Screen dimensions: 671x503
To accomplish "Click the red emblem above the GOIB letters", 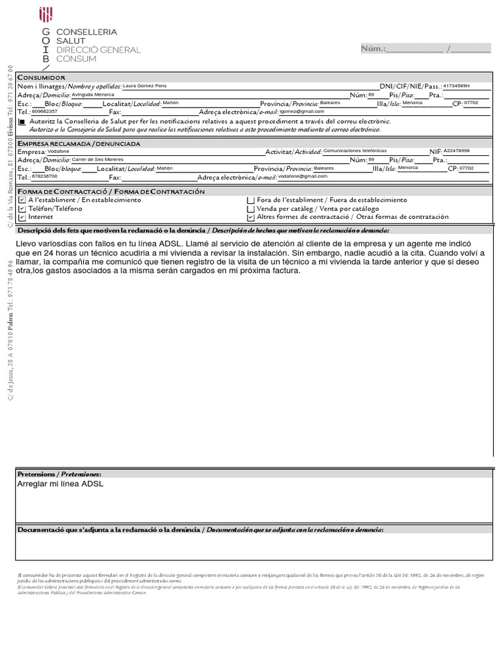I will click(x=46, y=15).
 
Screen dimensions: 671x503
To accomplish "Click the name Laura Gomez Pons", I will click(x=145, y=86).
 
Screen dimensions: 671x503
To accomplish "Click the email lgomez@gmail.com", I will click(x=302, y=111).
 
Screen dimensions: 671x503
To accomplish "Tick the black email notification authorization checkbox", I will click(x=22, y=122).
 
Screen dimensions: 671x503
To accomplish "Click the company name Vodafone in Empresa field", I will click(x=60, y=151).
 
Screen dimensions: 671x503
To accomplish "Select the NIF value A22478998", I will click(x=456, y=150).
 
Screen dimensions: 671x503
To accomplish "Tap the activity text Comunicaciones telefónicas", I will click(x=355, y=150).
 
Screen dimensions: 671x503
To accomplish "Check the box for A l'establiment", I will click(x=22, y=200).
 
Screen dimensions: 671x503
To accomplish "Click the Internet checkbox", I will click(x=22, y=217).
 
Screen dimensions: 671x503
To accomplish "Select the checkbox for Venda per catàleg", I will click(x=250, y=208).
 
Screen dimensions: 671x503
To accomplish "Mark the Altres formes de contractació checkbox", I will click(x=250, y=217).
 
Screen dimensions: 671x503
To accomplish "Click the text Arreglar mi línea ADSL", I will click(x=60, y=484).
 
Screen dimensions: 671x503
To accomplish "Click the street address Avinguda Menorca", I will click(x=92, y=94).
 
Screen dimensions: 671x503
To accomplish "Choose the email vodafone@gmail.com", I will click(x=302, y=176).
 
